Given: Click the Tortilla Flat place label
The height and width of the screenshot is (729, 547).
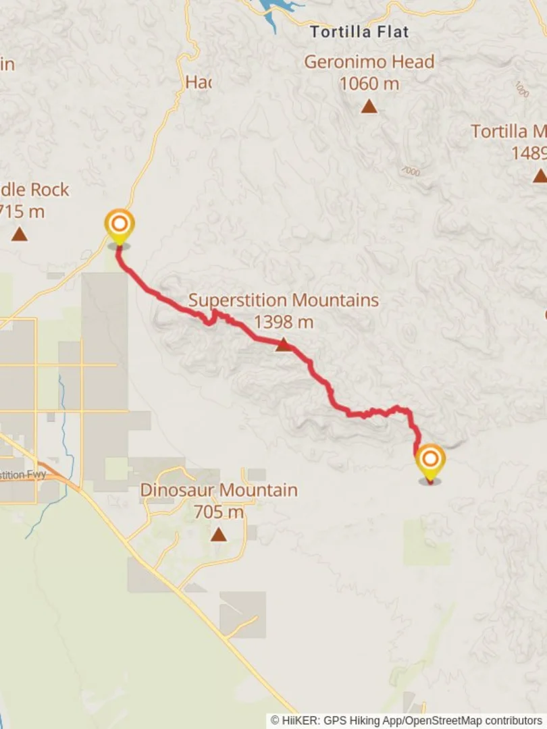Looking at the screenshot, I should tap(359, 32).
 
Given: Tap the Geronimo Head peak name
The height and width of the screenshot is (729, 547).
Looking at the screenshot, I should tap(369, 62).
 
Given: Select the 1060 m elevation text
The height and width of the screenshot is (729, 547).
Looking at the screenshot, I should tap(369, 84).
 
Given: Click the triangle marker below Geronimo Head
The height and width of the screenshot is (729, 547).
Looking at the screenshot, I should tap(369, 107).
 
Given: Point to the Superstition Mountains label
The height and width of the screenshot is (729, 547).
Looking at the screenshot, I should tap(284, 300).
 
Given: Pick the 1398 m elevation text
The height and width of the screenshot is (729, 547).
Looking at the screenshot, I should tap(284, 322).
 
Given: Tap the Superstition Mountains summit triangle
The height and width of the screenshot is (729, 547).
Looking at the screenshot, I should tap(284, 346).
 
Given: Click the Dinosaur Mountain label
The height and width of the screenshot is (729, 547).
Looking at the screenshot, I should tap(218, 490).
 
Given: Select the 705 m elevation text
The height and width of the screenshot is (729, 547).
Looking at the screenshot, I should tap(218, 512).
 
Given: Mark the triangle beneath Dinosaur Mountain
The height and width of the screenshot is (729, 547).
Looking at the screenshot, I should tap(218, 535).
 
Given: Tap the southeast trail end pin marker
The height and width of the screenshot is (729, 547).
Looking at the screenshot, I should tap(430, 462).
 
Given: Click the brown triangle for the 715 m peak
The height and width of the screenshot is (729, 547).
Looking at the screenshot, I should tap(20, 234).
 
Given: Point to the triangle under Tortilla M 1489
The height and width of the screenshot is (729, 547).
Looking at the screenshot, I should tap(539, 176).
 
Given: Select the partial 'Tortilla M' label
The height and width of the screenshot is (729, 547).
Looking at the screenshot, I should tap(508, 131).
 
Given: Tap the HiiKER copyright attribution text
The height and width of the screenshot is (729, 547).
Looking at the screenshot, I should tap(407, 721).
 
